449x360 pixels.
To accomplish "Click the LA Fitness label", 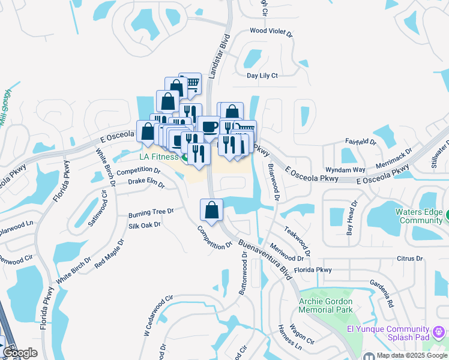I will pos(158,157).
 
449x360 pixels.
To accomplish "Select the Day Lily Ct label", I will pos(262,76).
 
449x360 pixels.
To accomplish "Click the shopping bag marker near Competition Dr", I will pos(211,210).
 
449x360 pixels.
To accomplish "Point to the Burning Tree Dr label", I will pos(151,212).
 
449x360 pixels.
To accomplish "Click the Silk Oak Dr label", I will pos(145,226).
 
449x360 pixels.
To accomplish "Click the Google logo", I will pos(20,353).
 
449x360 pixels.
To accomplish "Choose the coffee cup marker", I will pos(209,127).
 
